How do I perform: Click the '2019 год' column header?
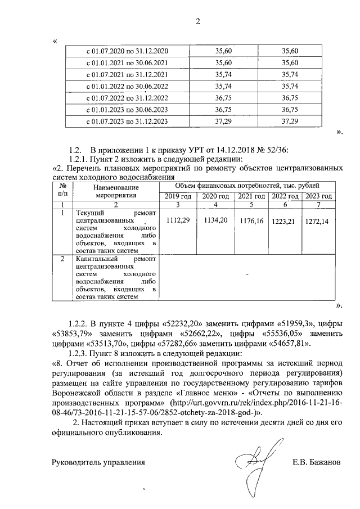tap(178, 196)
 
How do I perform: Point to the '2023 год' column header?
tap(318, 196)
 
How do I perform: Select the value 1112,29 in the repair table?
tap(178, 222)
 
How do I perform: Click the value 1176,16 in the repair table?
tap(251, 222)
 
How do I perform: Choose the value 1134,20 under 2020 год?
tap(214, 222)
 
